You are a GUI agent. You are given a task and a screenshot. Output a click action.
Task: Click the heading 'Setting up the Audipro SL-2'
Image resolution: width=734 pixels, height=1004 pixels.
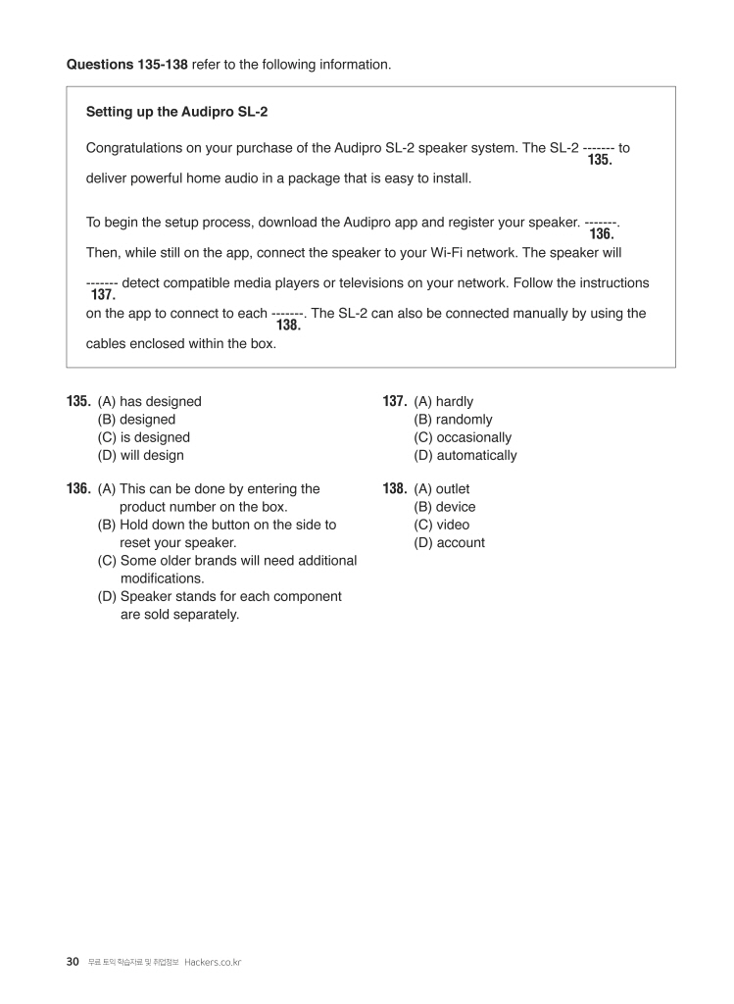pos(176,113)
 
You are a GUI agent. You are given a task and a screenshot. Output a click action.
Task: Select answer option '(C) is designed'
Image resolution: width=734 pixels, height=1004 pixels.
pos(143,437)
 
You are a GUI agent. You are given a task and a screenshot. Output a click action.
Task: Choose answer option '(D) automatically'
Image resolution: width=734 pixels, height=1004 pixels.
pos(465,456)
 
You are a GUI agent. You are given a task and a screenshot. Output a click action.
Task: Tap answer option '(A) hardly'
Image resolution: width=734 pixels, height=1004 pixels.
pos(443,402)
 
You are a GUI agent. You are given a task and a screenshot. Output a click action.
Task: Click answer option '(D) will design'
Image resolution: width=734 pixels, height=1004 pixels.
pos(140,456)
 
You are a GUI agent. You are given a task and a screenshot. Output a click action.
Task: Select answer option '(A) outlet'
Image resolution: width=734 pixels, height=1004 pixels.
pos(441,489)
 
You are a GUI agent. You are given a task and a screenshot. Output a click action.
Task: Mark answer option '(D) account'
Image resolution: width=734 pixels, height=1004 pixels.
pos(449,543)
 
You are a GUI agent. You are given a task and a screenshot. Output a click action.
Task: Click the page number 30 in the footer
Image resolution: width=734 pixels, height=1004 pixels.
pos(73,962)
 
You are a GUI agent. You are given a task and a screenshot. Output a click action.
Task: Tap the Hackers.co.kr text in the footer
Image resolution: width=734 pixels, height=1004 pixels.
pos(213,963)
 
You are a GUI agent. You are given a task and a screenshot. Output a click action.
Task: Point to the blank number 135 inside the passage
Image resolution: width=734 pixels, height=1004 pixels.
pos(600,160)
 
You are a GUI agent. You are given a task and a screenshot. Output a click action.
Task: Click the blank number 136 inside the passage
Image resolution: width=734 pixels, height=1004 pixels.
pos(602,234)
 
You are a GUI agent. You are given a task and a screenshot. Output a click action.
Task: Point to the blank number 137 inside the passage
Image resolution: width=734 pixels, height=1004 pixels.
pos(103,294)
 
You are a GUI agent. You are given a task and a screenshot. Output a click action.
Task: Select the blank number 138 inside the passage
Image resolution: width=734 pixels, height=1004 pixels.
pos(288,326)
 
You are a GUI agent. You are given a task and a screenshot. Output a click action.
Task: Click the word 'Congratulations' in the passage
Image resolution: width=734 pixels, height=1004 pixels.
pos(135,148)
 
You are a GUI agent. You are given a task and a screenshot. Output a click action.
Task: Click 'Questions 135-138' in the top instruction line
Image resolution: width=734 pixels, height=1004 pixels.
pos(126,65)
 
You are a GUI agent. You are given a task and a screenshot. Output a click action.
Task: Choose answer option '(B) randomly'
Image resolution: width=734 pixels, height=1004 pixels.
pos(453,420)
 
